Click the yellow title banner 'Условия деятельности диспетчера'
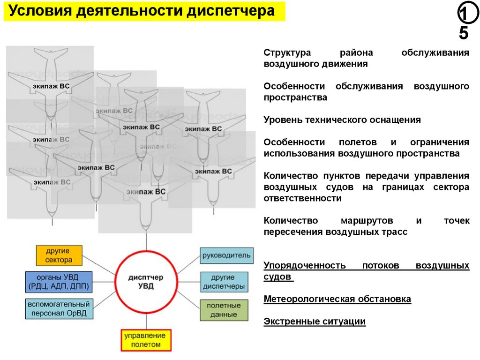click(x=144, y=11)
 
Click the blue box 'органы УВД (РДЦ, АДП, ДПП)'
click(x=59, y=281)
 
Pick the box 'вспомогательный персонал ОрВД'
click(x=59, y=308)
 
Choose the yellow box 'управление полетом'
click(x=146, y=340)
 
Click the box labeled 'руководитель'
click(x=227, y=256)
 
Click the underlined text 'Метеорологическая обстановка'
click(x=337, y=299)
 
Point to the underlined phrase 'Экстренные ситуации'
click(x=314, y=322)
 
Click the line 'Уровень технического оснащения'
click(x=342, y=120)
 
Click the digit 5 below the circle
click(x=463, y=34)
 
